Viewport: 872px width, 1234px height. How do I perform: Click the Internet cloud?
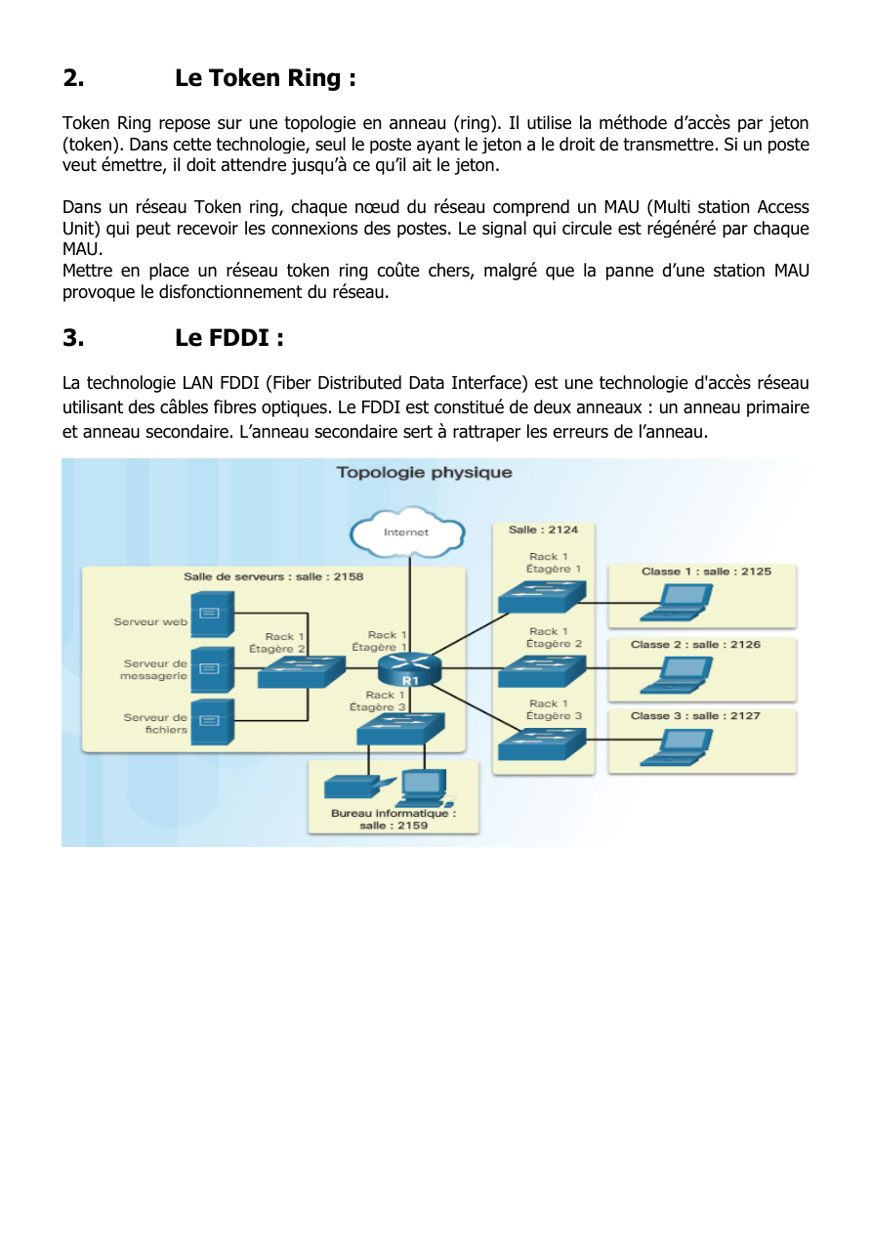[x=407, y=532]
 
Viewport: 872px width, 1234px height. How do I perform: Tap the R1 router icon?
[x=409, y=669]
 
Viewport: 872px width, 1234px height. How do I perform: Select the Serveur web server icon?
[x=213, y=614]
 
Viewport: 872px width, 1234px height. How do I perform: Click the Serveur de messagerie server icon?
[x=213, y=669]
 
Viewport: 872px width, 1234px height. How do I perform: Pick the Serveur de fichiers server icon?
[x=213, y=722]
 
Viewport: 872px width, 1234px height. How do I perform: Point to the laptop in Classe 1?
[x=677, y=603]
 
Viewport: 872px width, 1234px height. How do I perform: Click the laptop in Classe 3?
[x=677, y=747]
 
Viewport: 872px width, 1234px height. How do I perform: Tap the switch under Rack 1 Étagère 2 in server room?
[x=302, y=671]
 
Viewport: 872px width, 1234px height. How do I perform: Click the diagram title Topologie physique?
[x=425, y=472]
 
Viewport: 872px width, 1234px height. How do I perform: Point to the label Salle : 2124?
[x=543, y=530]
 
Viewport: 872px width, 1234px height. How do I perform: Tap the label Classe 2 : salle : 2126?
[x=696, y=644]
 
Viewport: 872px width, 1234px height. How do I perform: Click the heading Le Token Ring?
[x=266, y=78]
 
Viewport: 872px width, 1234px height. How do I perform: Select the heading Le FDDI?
[x=229, y=338]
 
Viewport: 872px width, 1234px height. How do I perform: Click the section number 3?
[x=74, y=338]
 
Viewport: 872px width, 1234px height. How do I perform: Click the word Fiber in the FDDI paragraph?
[x=287, y=382]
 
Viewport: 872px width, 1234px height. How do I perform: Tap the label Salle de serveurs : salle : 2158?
[x=273, y=576]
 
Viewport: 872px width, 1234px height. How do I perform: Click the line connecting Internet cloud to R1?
[x=409, y=605]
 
